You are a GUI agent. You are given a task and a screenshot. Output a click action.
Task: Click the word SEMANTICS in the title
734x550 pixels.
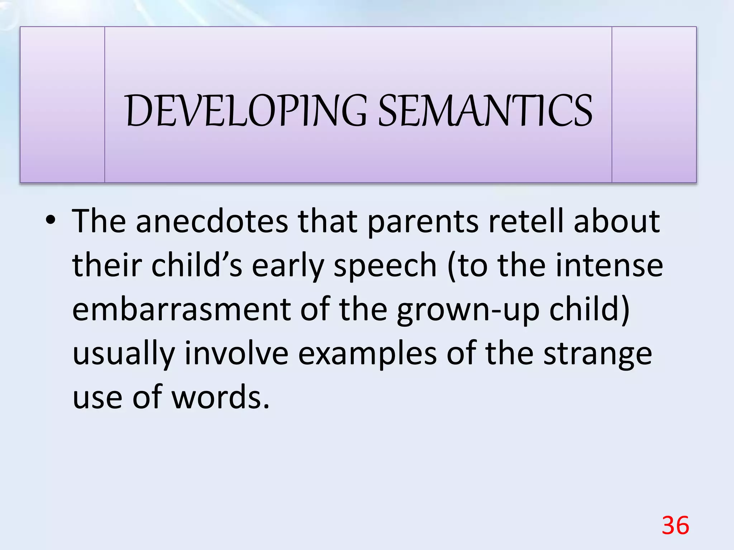tap(485, 111)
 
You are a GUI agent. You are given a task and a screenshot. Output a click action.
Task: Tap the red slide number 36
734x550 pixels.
tap(675, 526)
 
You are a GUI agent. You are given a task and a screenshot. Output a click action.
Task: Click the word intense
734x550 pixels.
tap(609, 266)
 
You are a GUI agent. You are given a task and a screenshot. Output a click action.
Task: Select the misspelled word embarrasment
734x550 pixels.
tap(181, 309)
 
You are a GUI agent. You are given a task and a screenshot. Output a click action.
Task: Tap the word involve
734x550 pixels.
tap(236, 354)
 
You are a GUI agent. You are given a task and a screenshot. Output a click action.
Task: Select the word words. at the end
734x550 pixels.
tap(220, 397)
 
